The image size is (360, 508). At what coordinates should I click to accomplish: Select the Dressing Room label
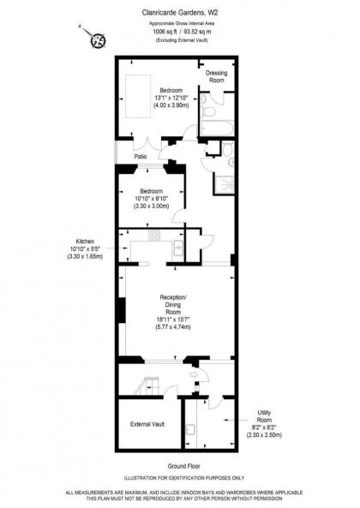coord(215,77)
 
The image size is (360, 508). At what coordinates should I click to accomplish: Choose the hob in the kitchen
coord(155,235)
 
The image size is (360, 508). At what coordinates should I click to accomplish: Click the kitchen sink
coord(177,248)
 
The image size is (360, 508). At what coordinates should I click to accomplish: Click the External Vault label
coord(147,424)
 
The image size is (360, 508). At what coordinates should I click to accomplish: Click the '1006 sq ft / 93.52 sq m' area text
coord(180,32)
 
